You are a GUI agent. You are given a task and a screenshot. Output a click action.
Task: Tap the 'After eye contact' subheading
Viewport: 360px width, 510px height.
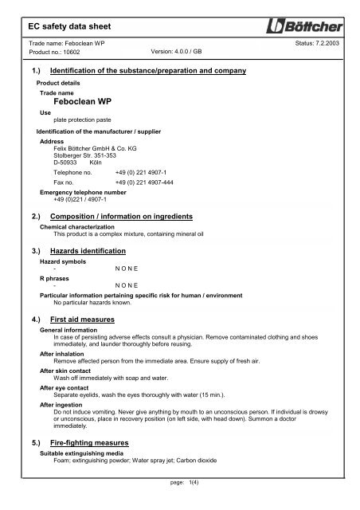(68, 387)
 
